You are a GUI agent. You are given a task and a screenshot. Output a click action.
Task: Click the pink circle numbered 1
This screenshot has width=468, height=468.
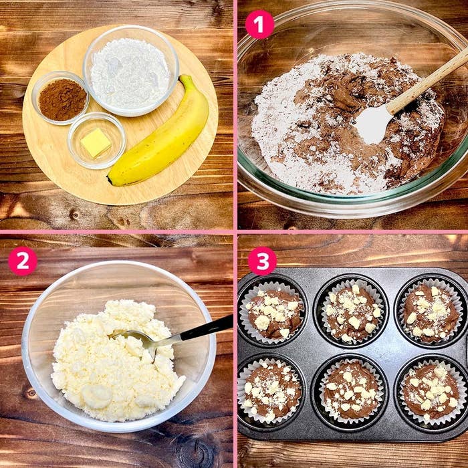point(259,25)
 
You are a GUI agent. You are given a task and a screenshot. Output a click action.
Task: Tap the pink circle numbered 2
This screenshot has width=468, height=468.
point(23,261)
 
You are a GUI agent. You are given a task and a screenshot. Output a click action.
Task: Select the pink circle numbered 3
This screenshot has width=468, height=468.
point(262,261)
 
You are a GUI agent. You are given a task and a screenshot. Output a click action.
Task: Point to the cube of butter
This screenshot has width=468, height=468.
point(96,142)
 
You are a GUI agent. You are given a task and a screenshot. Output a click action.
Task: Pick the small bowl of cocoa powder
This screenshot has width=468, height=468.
point(61,98)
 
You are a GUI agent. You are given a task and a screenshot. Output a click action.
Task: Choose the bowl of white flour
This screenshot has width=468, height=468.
point(131,71)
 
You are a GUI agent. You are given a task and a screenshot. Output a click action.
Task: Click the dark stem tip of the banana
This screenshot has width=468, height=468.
point(110,180)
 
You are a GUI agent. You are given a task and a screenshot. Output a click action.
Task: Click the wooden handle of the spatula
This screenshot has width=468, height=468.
point(427,81)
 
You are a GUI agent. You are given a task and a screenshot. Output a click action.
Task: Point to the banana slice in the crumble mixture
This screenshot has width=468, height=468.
point(97,396)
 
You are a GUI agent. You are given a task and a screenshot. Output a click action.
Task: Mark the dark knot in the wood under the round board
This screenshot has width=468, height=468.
point(74,215)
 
